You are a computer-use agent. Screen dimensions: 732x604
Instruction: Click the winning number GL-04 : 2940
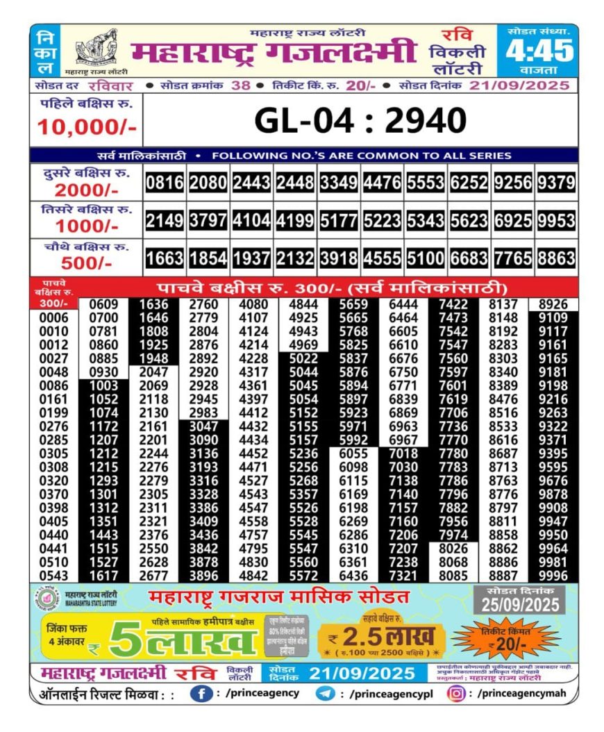pos(360,121)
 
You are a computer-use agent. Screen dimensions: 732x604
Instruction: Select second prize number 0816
pos(165,183)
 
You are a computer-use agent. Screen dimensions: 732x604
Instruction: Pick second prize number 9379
pos(556,183)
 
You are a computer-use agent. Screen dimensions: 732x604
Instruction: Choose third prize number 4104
pos(251,221)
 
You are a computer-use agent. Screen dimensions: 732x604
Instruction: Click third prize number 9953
pos(556,221)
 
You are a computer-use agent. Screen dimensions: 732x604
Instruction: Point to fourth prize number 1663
pos(165,258)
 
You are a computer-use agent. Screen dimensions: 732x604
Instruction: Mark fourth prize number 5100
pos(426,258)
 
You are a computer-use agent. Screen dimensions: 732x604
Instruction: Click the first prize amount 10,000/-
pos(87,127)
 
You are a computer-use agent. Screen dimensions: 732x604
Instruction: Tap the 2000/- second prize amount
pos(87,191)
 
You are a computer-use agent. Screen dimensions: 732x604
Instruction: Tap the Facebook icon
pos(201,692)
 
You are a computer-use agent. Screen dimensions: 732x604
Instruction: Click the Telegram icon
pos(325,692)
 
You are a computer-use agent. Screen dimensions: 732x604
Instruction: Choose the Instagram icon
pos(456,692)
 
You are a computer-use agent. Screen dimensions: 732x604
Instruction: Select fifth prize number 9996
pos(553,576)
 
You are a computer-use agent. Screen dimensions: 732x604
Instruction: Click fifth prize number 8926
pos(553,304)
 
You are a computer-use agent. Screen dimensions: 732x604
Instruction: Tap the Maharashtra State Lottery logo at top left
pos(97,49)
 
